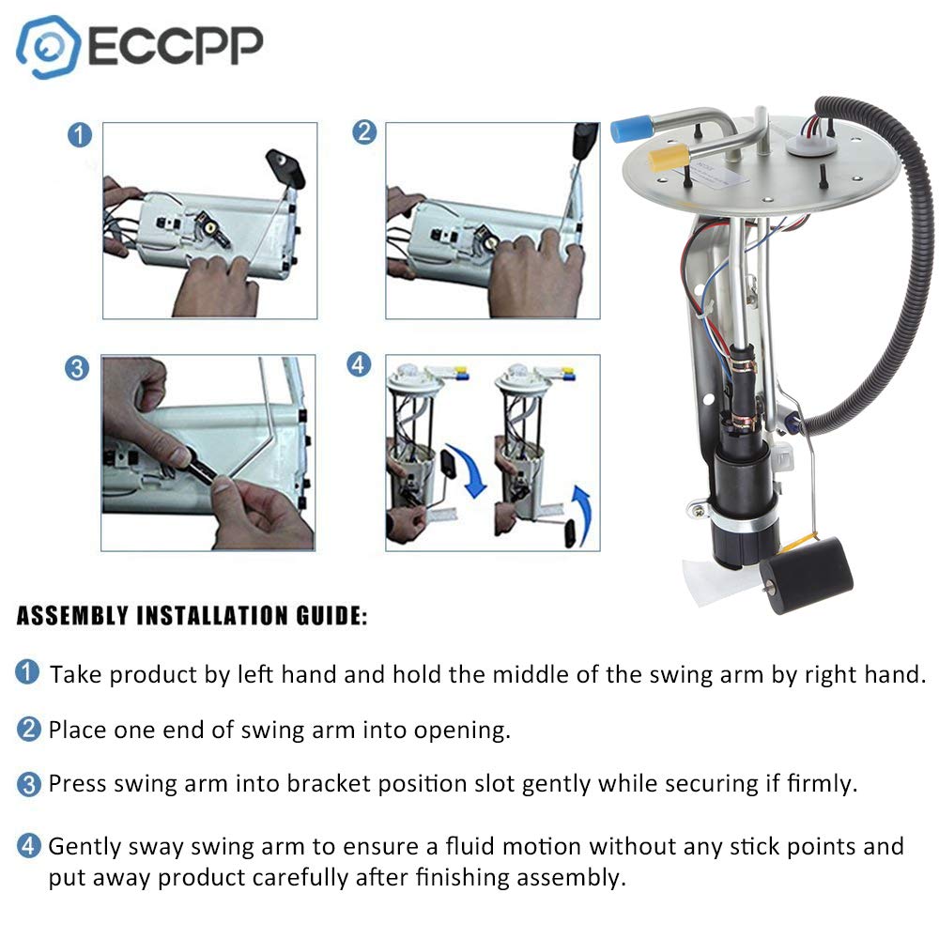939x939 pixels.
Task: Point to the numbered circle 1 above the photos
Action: pyautogui.click(x=81, y=135)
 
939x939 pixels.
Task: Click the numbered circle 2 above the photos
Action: pyautogui.click(x=364, y=132)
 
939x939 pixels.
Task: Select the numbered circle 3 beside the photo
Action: pyautogui.click(x=78, y=368)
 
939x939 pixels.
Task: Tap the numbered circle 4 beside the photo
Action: pyautogui.click(x=360, y=364)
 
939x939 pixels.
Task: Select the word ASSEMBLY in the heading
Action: pyautogui.click(x=73, y=617)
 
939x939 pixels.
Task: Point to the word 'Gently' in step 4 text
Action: pyautogui.click(x=82, y=846)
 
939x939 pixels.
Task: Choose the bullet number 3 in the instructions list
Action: pyautogui.click(x=28, y=783)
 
